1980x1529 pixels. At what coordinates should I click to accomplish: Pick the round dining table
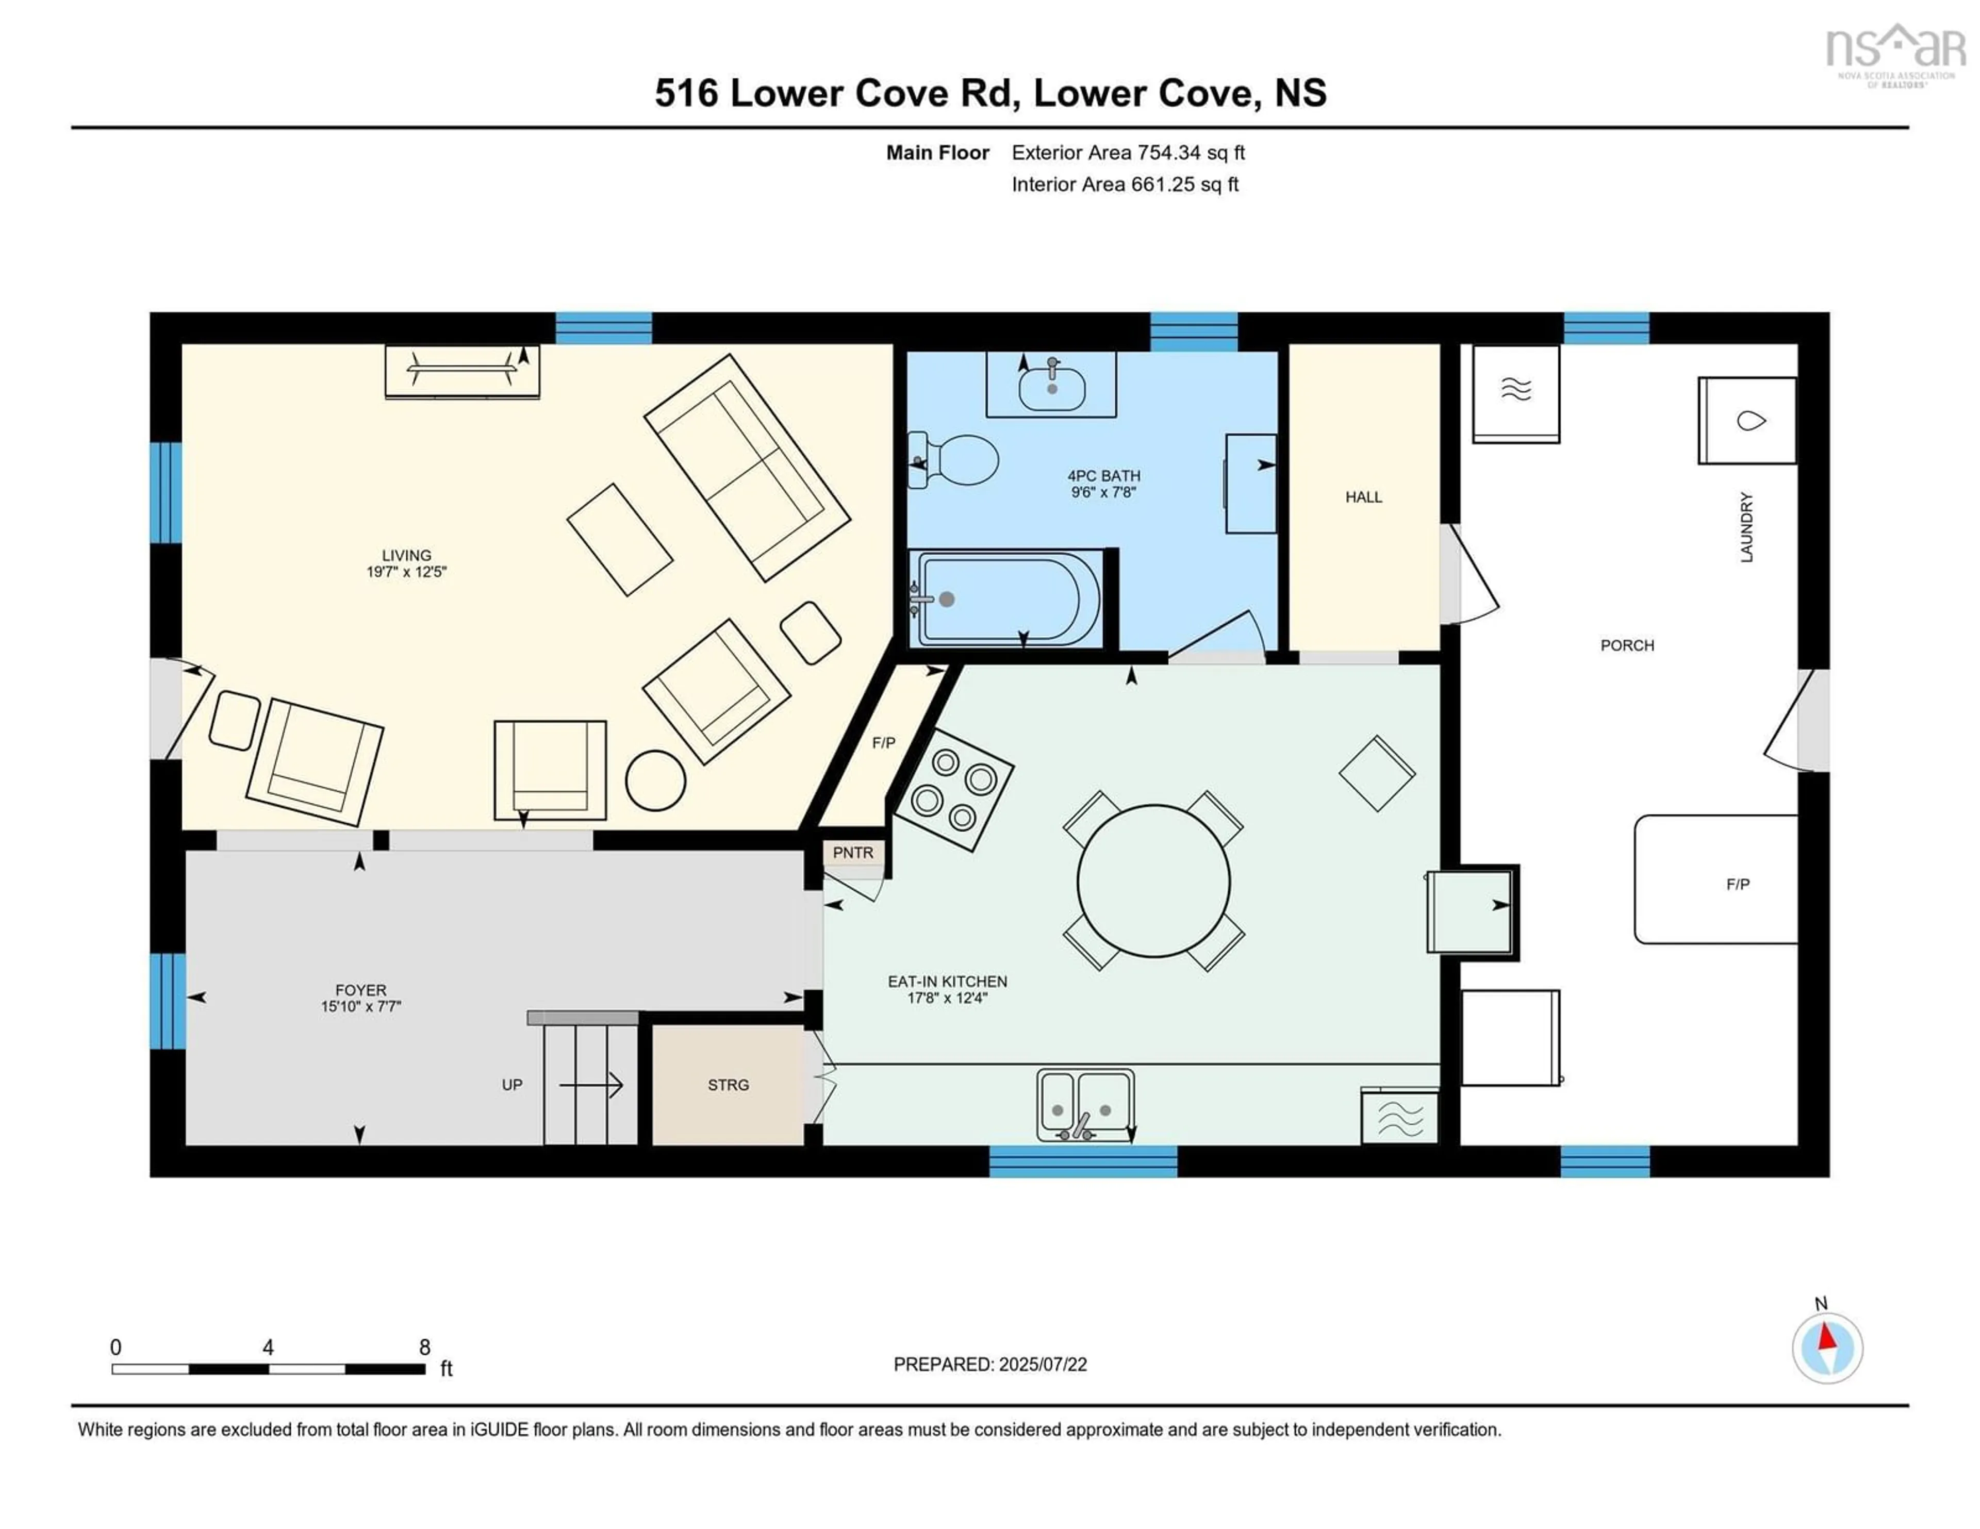1153,881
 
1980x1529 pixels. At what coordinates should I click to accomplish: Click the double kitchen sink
1085,1104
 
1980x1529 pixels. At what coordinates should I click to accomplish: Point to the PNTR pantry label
853,853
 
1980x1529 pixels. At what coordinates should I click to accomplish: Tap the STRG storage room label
728,1085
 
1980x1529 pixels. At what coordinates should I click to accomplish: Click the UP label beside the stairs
512,1085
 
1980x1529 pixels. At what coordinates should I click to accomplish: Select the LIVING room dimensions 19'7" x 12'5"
406,572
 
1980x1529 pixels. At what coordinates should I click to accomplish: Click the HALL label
1363,496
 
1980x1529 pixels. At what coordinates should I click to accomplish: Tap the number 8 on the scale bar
424,1347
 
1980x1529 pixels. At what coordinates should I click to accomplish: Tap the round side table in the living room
655,779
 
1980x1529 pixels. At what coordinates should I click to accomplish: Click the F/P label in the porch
1737,884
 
